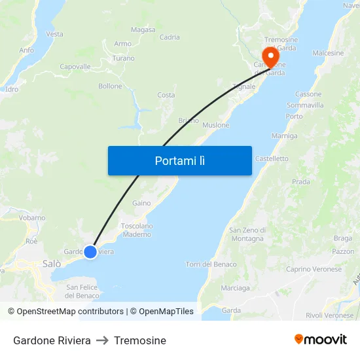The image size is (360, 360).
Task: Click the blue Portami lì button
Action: [179, 160]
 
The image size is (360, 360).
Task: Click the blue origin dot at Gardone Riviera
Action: [90, 251]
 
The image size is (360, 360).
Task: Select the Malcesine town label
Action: [328, 52]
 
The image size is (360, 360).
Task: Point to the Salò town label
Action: [51, 264]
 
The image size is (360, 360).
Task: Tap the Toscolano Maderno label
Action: [137, 230]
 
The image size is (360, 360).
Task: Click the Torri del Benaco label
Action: [211, 264]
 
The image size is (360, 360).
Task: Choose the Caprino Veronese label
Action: [314, 269]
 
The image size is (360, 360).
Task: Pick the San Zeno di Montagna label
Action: [247, 234]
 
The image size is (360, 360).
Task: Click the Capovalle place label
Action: [75, 67]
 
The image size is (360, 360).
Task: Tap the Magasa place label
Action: [143, 29]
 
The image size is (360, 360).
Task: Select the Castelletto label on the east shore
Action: [272, 158]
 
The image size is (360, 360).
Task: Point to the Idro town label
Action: [11, 88]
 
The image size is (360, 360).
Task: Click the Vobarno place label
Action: [32, 217]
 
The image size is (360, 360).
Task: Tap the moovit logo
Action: [321, 339]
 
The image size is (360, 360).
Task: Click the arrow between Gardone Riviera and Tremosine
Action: [102, 340]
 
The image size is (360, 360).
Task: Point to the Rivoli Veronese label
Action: [329, 315]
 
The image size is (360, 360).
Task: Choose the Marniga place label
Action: [284, 136]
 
